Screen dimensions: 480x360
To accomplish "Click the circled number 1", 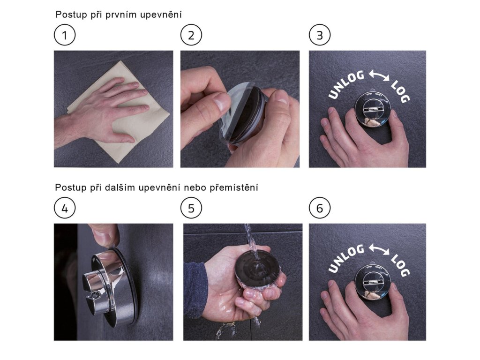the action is (x=65, y=35).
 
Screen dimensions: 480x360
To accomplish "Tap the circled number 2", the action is (x=191, y=35).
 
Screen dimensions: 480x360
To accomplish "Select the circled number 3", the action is (x=320, y=35).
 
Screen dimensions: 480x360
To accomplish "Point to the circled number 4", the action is (x=65, y=208).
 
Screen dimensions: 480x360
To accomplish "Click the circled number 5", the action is (x=191, y=208).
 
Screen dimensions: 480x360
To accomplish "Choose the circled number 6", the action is (x=320, y=208).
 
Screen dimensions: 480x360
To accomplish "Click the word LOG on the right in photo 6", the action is (x=400, y=265).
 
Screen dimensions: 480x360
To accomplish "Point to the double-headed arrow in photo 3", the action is (x=379, y=75).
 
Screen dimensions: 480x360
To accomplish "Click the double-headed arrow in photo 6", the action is (x=379, y=249).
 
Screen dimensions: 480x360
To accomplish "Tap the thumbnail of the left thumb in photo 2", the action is (x=222, y=102).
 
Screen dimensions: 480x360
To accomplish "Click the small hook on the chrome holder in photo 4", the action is (x=93, y=295).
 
